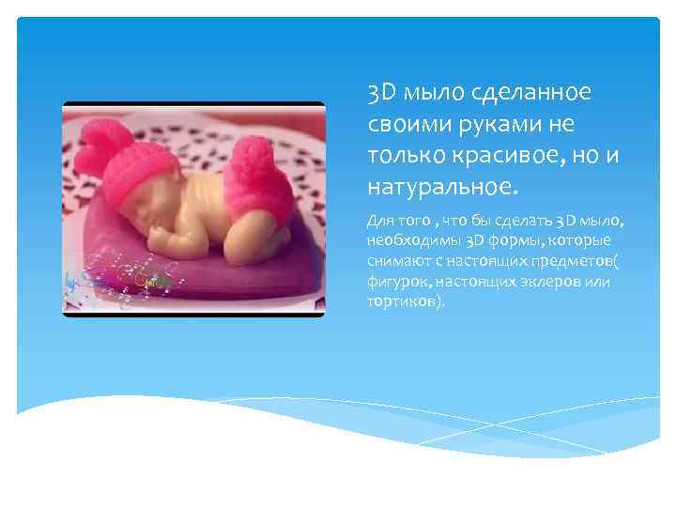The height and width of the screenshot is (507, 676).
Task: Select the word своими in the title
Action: pyautogui.click(x=406, y=125)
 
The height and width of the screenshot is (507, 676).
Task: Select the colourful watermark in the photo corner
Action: pyautogui.click(x=117, y=281)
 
